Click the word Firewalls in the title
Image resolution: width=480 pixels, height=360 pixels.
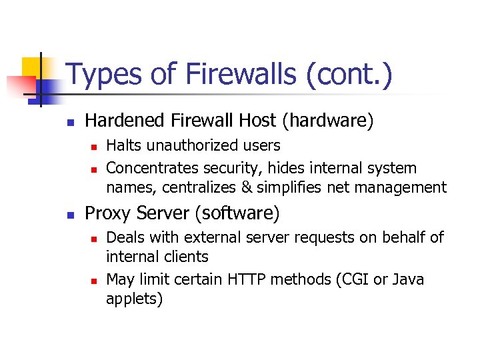(x=227, y=74)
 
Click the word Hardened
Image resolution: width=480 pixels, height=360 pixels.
(x=125, y=121)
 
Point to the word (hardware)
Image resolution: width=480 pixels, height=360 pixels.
(x=328, y=121)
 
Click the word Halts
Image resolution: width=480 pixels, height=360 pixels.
(x=124, y=145)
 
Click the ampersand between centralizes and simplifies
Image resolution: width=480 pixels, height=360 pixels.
(x=247, y=187)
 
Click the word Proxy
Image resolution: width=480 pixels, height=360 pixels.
(x=107, y=213)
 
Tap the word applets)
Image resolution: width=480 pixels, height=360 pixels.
(x=134, y=299)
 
